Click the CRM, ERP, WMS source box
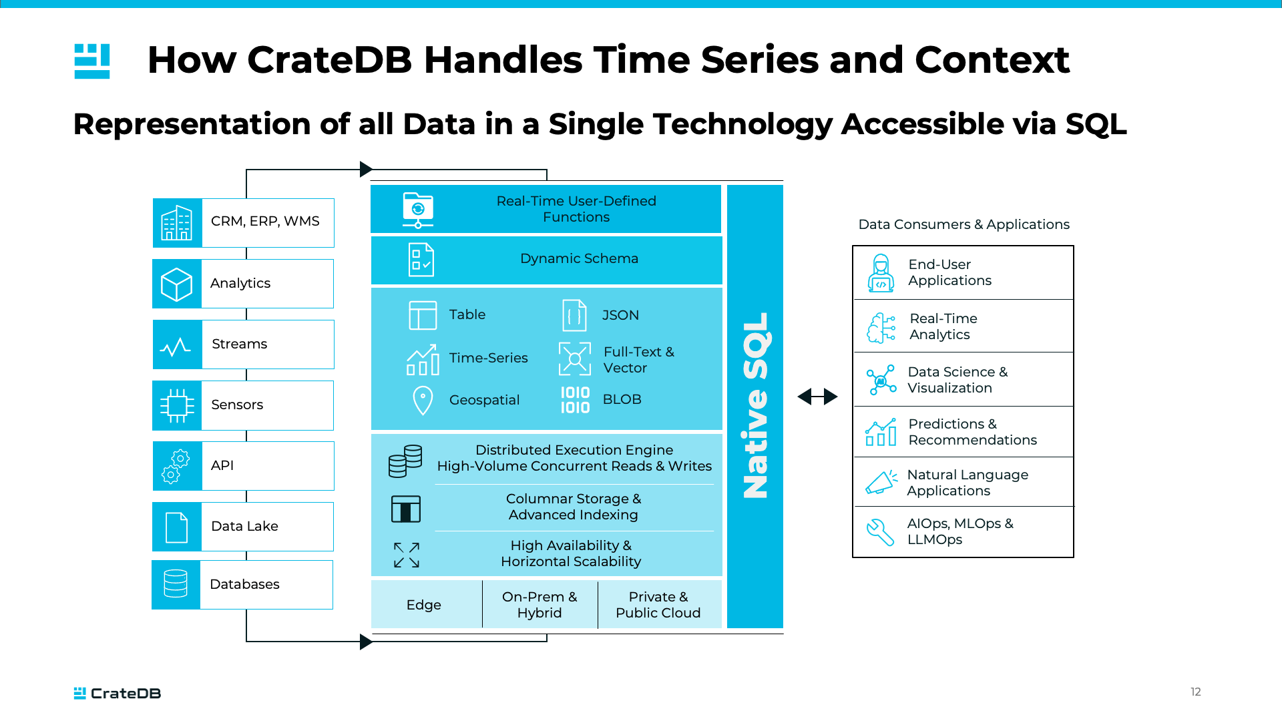point(244,222)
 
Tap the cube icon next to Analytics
point(177,284)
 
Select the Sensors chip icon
point(177,405)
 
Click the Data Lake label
point(244,526)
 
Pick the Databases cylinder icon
point(176,584)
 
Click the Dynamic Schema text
point(579,259)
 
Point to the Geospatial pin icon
point(423,400)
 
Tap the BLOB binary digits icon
point(575,400)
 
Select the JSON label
point(620,315)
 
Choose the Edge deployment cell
point(425,605)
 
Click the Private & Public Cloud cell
point(658,605)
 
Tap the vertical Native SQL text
point(756,406)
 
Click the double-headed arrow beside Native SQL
point(817,397)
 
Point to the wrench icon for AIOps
point(880,532)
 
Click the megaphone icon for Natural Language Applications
point(881,482)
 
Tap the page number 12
point(1195,692)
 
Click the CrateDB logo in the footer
point(118,693)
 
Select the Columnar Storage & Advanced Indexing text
point(573,507)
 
